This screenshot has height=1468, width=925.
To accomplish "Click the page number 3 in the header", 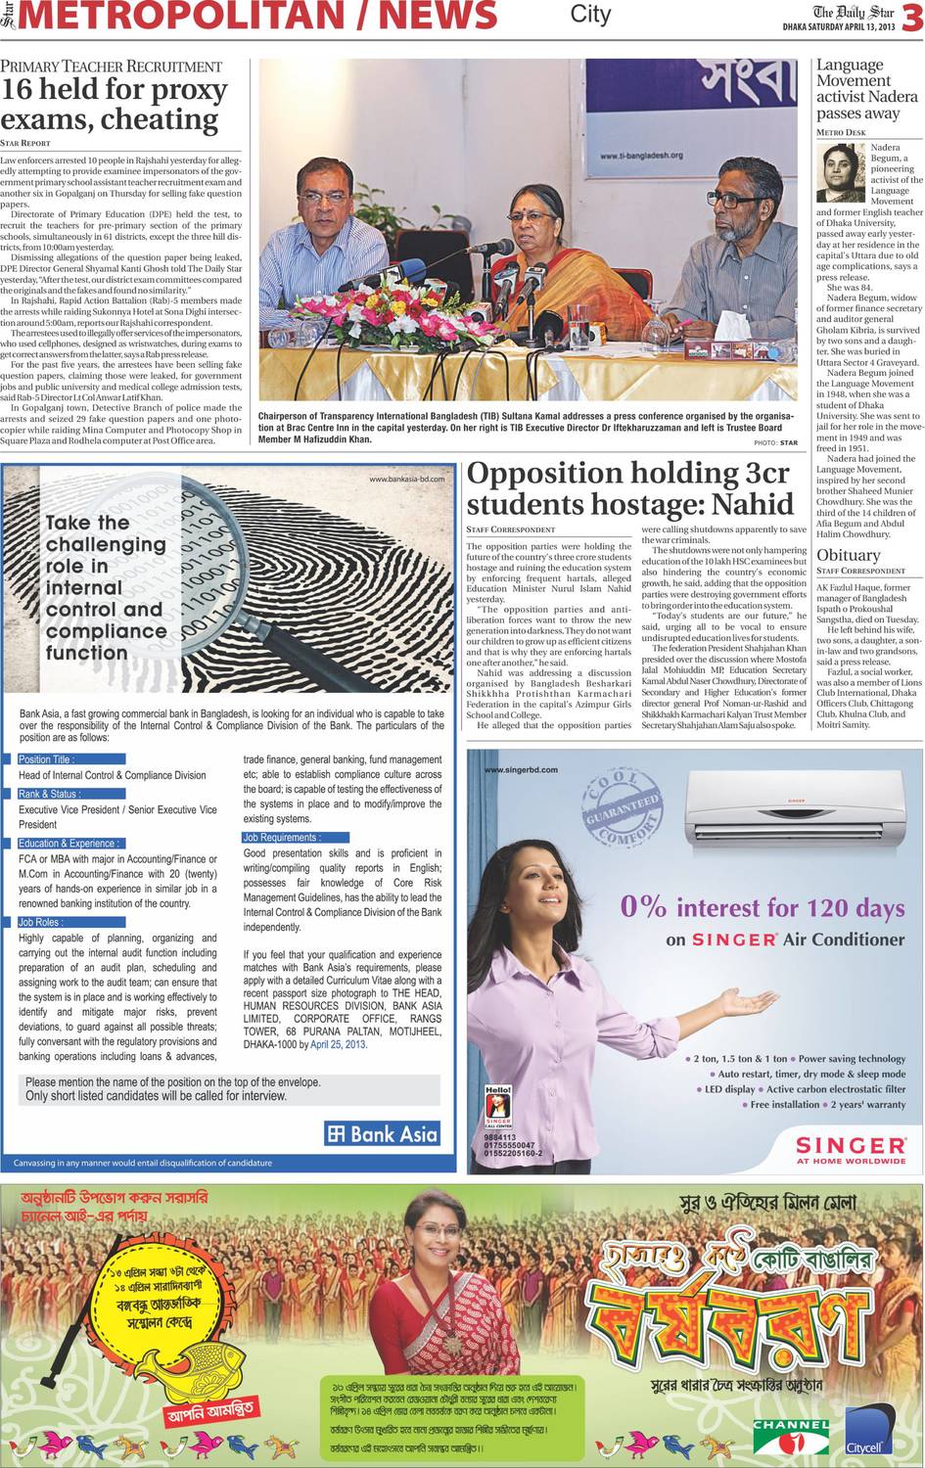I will click(911, 19).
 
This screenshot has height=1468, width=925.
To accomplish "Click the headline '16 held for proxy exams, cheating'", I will click(114, 105).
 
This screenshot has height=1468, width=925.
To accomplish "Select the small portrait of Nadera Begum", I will click(841, 171).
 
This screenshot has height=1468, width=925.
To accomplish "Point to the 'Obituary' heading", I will click(849, 555).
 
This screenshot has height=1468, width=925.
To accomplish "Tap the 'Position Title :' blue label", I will click(46, 759).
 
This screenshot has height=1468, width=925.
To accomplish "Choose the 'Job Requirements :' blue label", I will click(281, 838).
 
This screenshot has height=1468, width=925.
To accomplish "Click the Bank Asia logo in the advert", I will click(383, 1134).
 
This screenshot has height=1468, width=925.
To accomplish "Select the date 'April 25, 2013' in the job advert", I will click(338, 1044).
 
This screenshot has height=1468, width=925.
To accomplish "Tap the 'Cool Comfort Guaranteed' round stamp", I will click(621, 807).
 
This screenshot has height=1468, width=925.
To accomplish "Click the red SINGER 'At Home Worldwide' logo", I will click(850, 1149).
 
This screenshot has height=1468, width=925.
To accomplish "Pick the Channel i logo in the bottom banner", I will click(791, 1435).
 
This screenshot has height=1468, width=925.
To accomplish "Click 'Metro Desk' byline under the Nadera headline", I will click(841, 132).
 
